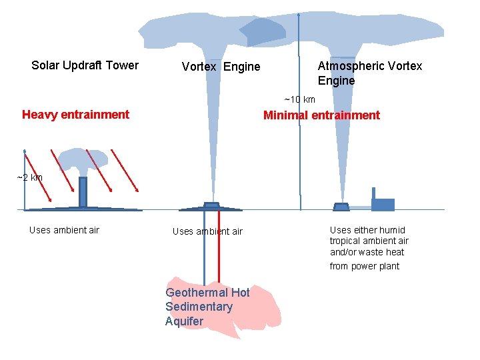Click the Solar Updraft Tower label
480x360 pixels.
point(85,65)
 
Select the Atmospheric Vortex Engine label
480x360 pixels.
point(369,73)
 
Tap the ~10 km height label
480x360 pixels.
point(299,100)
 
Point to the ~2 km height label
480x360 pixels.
point(29,177)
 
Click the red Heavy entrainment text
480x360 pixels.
point(75,115)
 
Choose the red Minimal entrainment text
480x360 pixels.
point(321,115)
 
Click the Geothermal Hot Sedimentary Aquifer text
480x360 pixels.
point(207,307)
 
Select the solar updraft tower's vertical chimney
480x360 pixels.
point(83,192)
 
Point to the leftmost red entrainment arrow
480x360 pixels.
point(37,175)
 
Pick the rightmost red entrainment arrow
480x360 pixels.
point(124,170)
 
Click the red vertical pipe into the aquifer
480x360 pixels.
point(219,247)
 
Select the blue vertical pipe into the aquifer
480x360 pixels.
point(204,247)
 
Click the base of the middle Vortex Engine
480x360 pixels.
point(211,206)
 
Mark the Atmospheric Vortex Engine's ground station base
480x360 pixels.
point(341,207)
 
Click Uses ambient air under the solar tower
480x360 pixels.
point(64,230)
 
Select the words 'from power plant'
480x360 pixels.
point(364,267)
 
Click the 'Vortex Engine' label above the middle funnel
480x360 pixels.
point(221,67)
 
